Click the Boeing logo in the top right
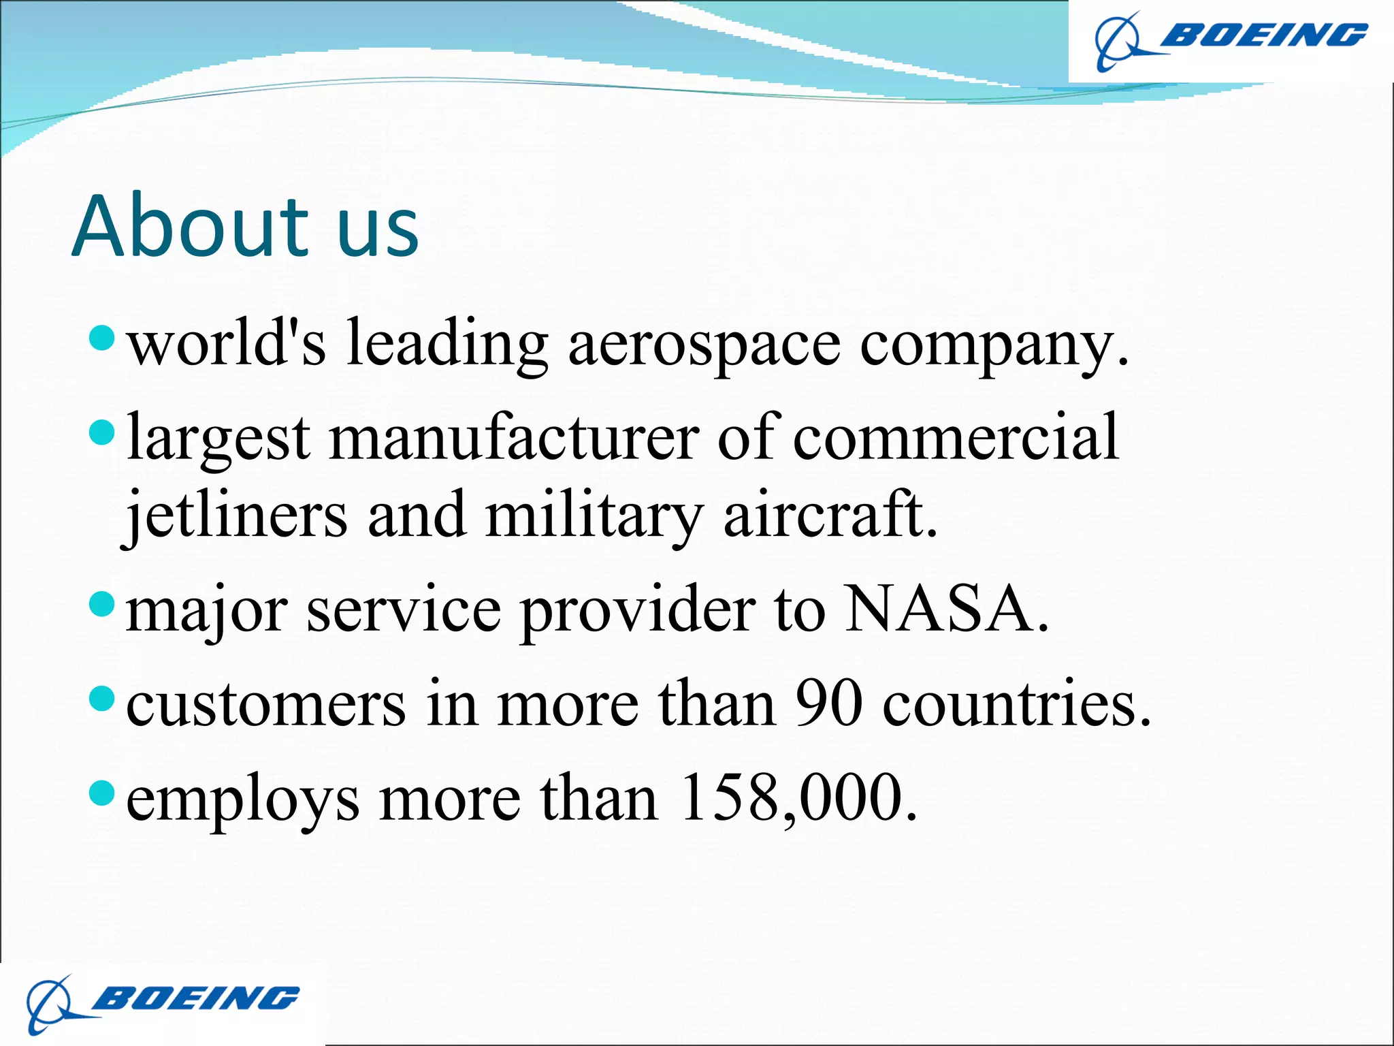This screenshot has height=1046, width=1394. [x=1231, y=40]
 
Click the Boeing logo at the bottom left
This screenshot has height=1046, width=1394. [x=163, y=1003]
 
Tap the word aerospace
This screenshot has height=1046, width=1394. [x=704, y=345]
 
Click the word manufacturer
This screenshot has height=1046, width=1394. [x=514, y=438]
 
